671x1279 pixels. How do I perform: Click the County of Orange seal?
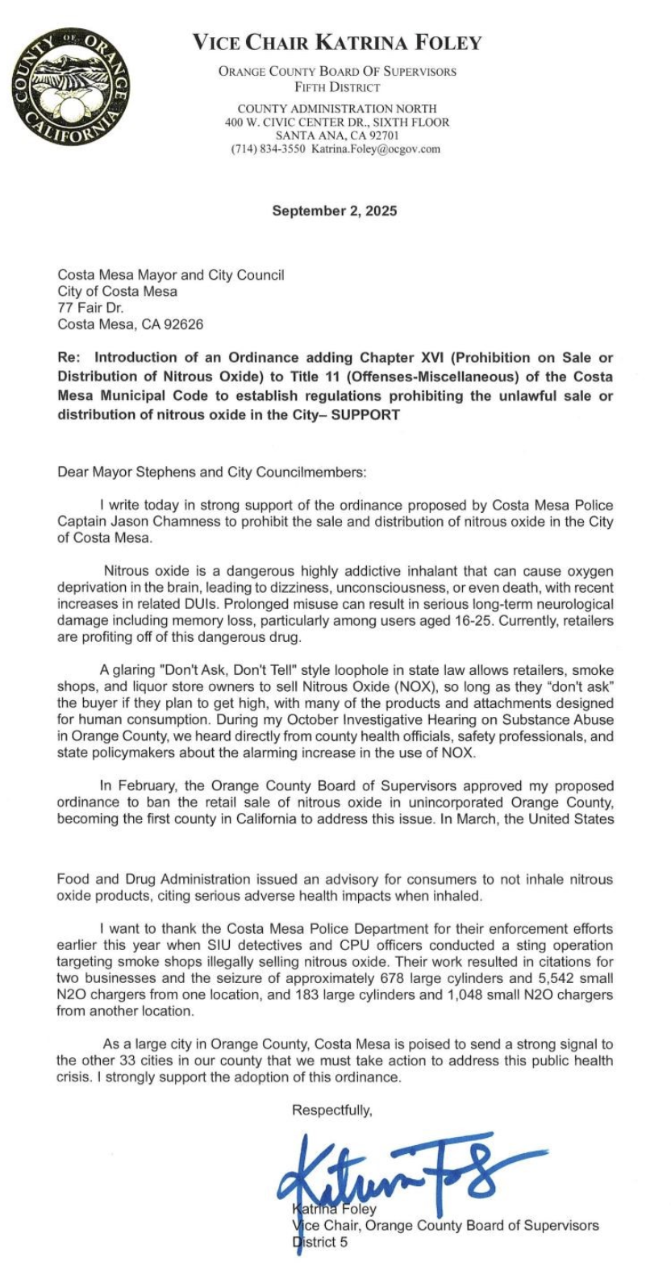coord(68,86)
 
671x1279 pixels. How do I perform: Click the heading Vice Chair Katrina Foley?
coord(336,42)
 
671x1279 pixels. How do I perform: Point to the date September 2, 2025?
coord(335,211)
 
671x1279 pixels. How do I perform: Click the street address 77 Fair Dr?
coord(85,307)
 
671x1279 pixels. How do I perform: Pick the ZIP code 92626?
coord(184,324)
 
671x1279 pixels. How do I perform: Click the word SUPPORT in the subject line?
coord(365,415)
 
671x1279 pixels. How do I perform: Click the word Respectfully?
coord(332,1110)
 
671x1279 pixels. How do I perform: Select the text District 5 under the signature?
coord(320,1242)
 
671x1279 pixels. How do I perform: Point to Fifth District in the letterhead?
coord(336,87)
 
